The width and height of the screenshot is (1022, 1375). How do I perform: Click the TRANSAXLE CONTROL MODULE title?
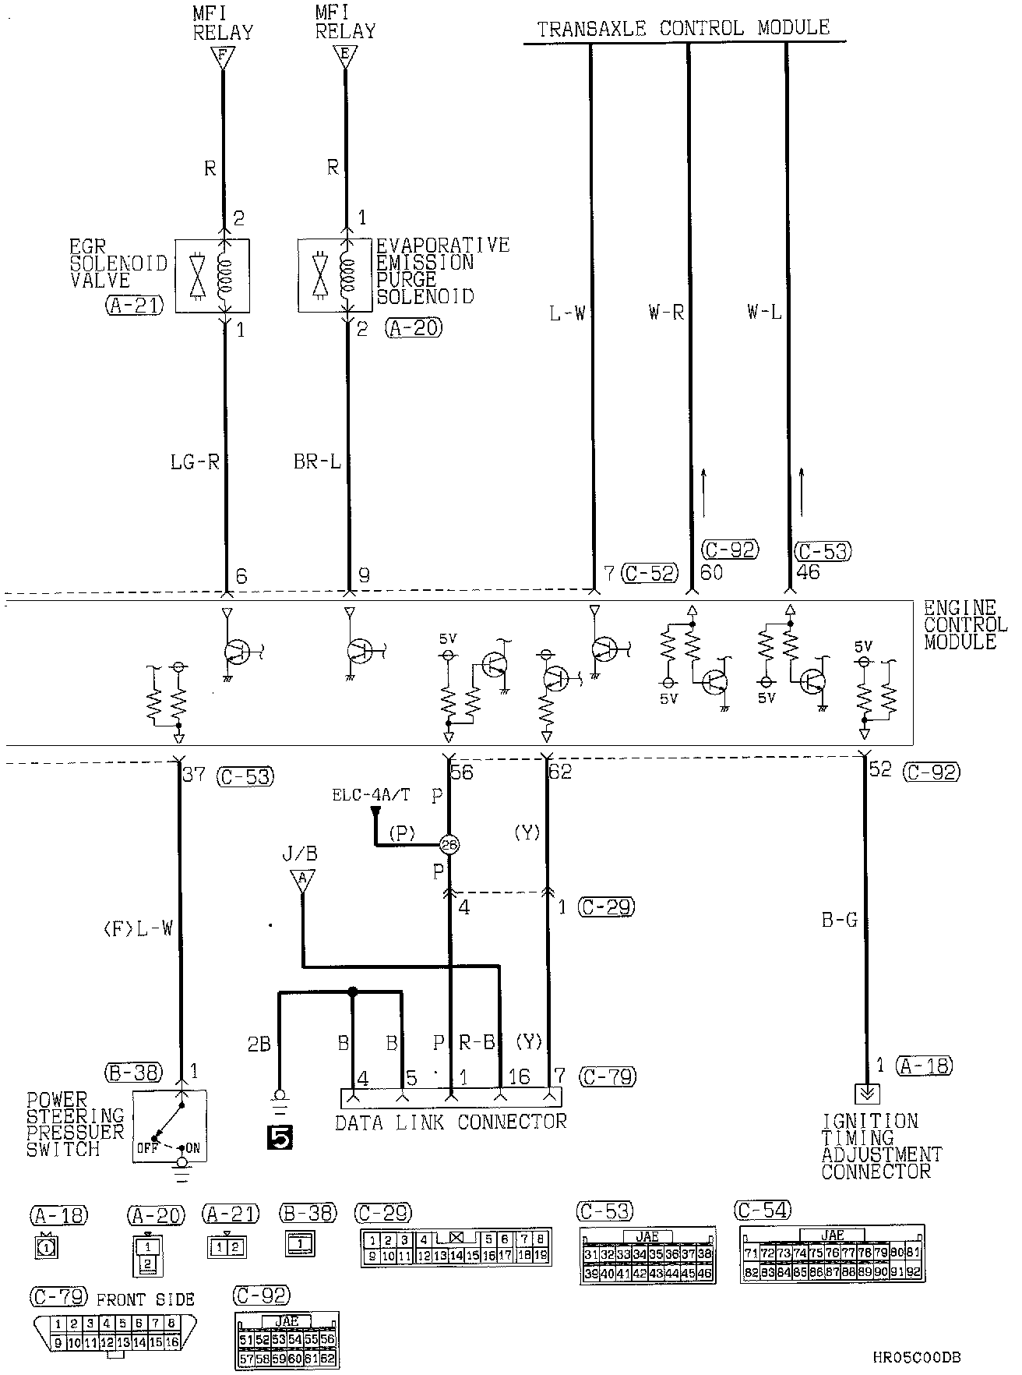[683, 29]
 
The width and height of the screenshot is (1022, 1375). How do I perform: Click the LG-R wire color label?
[195, 462]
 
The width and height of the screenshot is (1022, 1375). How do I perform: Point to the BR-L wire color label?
[317, 462]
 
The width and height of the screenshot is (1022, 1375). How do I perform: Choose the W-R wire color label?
[666, 313]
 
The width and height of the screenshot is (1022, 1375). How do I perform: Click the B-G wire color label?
[839, 921]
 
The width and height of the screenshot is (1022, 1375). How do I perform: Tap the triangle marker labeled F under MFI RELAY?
[223, 57]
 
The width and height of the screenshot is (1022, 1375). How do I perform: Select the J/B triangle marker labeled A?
[302, 879]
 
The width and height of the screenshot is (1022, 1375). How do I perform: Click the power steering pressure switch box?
[169, 1126]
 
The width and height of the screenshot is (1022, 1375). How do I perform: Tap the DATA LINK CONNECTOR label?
[450, 1122]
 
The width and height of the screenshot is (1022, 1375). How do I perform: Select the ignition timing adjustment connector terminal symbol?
[865, 1094]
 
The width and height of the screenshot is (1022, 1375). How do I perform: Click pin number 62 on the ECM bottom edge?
[560, 772]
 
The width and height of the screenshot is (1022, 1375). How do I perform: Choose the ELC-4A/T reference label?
[371, 795]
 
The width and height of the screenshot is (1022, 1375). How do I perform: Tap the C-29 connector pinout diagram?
[456, 1246]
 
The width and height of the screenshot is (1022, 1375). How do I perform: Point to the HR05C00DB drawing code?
[916, 1357]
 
